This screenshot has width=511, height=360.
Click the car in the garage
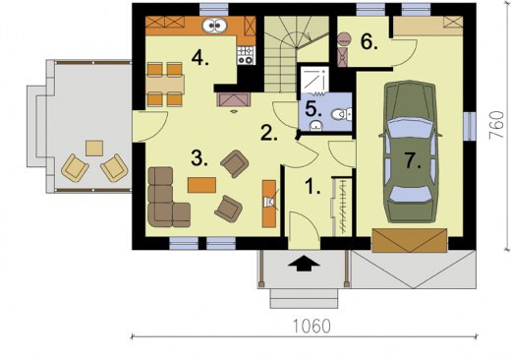tap(410, 151)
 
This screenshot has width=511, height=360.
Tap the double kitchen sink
tap(214, 26)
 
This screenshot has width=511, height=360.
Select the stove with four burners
tap(246, 55)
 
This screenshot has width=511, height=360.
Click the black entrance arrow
tap(304, 263)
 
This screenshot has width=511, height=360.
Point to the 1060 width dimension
tap(312, 327)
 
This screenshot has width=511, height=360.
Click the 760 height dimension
tap(496, 125)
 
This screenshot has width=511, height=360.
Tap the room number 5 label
tap(313, 109)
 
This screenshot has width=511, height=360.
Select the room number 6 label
tap(369, 41)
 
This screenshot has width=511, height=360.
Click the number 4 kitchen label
tap(199, 58)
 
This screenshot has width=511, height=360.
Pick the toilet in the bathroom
tap(342, 114)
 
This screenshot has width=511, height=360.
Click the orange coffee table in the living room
tap(201, 185)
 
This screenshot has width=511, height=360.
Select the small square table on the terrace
tap(94, 149)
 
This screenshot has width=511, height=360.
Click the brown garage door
tap(410, 240)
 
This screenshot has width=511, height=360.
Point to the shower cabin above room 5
tap(314, 80)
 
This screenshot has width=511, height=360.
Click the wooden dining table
tap(165, 85)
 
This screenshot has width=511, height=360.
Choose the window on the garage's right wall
tap(470, 126)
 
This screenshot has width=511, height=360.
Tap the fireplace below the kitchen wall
tap(234, 100)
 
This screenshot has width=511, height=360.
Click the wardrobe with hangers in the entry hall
tap(342, 207)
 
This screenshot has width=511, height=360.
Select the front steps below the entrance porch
tap(304, 298)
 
